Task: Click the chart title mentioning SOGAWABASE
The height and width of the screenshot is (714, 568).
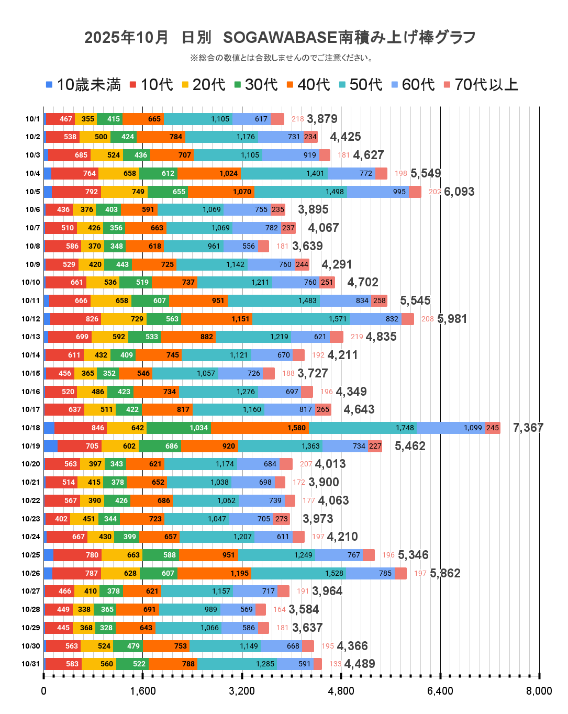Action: coord(280,38)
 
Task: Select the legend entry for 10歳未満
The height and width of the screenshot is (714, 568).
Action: coord(83,85)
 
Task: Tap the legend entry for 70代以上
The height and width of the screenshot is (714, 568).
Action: coord(481,85)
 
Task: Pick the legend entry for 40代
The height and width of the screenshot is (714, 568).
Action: coord(308,85)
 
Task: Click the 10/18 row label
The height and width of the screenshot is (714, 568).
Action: coord(31,428)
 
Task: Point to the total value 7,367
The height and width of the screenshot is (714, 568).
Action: coord(528,428)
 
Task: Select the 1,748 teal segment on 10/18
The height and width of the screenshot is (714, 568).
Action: coord(363,428)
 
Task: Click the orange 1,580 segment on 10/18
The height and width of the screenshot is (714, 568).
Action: coord(260,428)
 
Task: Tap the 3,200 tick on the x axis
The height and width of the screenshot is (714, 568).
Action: coord(242,691)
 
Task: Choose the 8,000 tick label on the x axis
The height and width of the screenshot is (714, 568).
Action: coord(539,691)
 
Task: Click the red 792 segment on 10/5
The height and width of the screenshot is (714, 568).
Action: coord(76,192)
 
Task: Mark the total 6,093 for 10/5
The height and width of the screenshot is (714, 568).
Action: coord(459,192)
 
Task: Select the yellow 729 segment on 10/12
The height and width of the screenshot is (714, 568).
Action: coord(124,319)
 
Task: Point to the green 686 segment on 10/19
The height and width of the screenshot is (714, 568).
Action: coord(160,446)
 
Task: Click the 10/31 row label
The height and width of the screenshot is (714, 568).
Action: coord(31,664)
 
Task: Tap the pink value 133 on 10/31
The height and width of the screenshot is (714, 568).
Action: coord(335,664)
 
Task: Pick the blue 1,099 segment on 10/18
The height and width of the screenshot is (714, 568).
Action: coord(451,428)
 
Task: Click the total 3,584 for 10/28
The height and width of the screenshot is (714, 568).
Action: coord(304,609)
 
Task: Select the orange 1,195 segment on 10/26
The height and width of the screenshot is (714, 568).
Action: coord(214,573)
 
